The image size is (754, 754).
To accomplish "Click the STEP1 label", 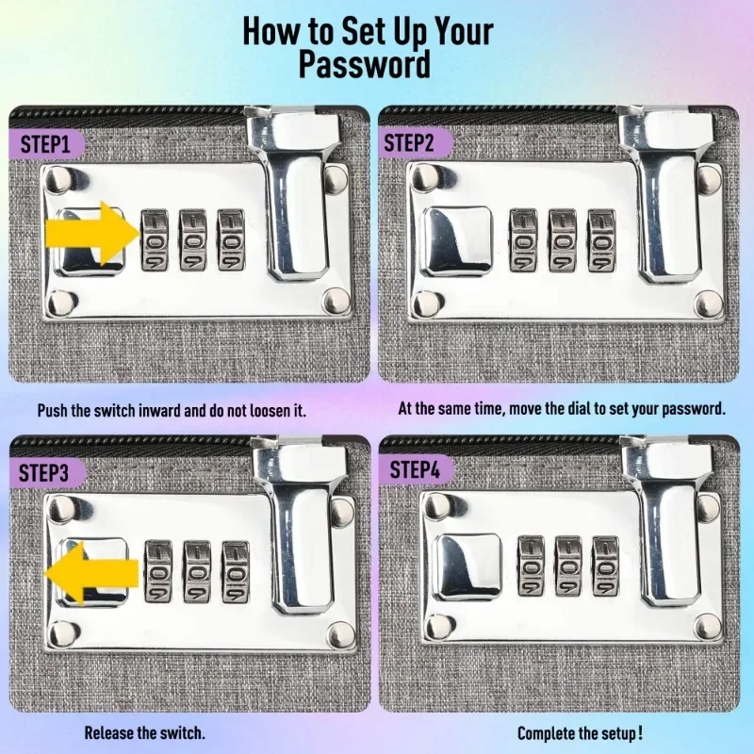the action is click(44, 144).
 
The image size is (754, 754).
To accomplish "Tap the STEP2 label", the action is click(409, 143).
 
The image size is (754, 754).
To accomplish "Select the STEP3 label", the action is click(43, 473).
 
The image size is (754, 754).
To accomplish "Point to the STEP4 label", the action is click(415, 469).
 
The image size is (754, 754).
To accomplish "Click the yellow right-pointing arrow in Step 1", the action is click(92, 234).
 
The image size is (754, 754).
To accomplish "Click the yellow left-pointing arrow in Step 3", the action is click(91, 573).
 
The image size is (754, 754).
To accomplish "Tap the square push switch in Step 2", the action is click(457, 241).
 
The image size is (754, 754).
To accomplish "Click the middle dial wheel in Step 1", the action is click(193, 239).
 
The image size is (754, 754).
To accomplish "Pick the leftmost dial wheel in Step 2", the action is click(523, 240).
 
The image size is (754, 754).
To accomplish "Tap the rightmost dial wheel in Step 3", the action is click(236, 572).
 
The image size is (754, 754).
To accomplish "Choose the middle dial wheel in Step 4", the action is click(568, 565).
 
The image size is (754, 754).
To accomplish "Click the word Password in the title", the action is click(365, 64).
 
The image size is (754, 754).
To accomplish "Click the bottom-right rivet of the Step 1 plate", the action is click(337, 302).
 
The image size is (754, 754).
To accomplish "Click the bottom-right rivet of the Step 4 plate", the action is click(709, 627).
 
